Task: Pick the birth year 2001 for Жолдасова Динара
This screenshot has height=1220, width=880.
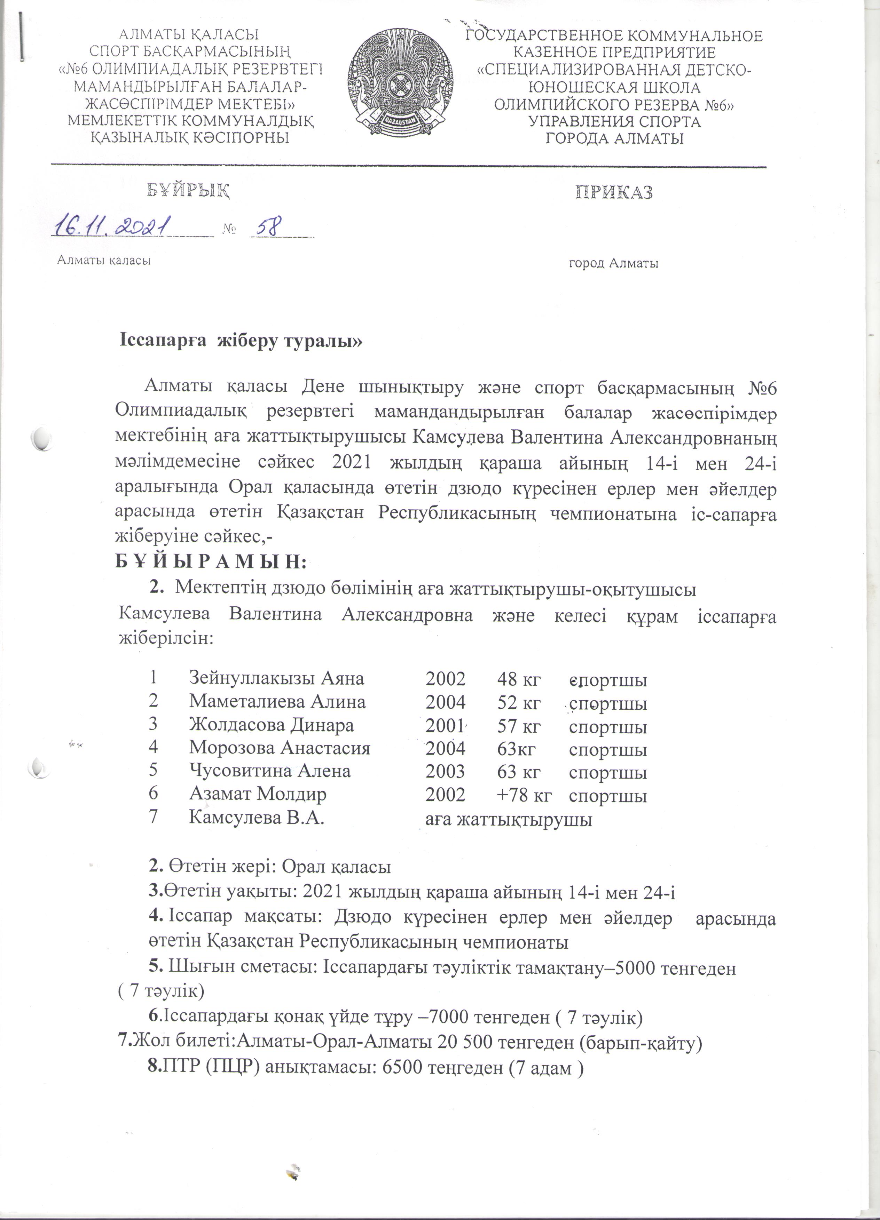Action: [445, 725]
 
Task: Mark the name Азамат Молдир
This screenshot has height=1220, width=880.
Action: [258, 794]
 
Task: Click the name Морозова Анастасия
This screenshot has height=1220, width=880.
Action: [279, 748]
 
